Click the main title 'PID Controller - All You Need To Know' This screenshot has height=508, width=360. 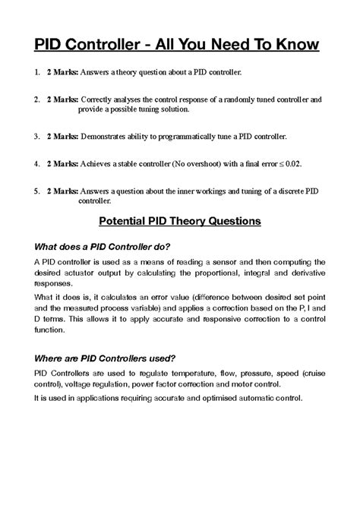pyautogui.click(x=179, y=45)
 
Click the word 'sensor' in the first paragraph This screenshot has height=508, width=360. pyautogui.click(x=219, y=262)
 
